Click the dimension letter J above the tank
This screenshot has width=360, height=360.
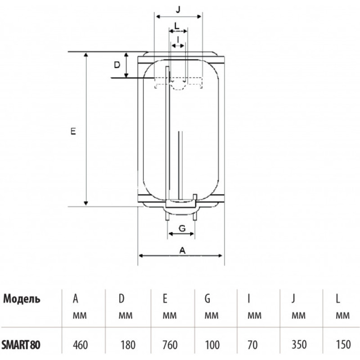pyautogui.click(x=178, y=9)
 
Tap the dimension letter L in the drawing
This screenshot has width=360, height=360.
pyautogui.click(x=177, y=26)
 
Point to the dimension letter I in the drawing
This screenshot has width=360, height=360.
pyautogui.click(x=178, y=40)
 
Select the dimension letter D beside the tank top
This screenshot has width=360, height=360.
pyautogui.click(x=117, y=65)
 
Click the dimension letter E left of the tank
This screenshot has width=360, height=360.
pyautogui.click(x=73, y=131)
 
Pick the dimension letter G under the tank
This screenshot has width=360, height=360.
pyautogui.click(x=182, y=229)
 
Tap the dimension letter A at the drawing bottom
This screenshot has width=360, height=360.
pyautogui.click(x=182, y=251)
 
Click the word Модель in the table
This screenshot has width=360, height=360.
pyautogui.click(x=22, y=299)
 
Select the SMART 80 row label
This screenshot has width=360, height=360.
pyautogui.click(x=21, y=345)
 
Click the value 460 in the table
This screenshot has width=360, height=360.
pyautogui.click(x=81, y=345)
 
